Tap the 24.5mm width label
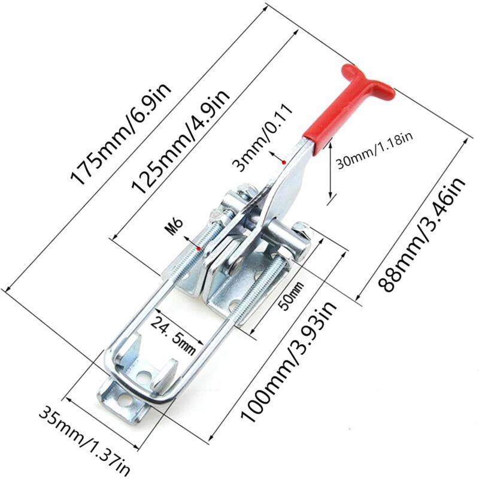[x=174, y=335]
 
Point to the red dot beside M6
[x=198, y=247]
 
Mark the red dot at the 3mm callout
[x=282, y=160]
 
